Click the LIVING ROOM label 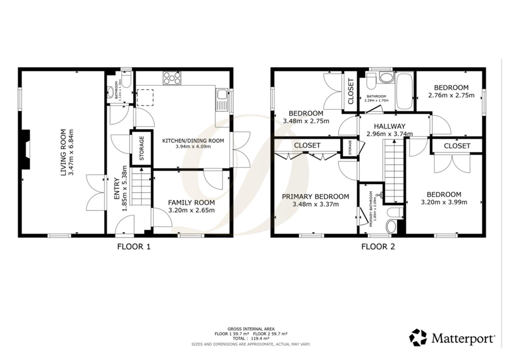(x=63, y=152)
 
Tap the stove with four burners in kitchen (x=172, y=78)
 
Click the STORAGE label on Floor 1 (x=142, y=148)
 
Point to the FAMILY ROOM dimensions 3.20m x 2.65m (x=191, y=210)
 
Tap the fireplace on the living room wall (x=26, y=150)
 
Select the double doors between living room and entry (x=96, y=192)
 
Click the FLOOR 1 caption (x=134, y=247)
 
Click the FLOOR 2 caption (x=378, y=247)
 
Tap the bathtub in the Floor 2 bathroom (x=404, y=91)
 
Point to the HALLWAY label (x=389, y=126)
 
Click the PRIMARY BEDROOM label (x=315, y=197)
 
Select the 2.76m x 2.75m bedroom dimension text (x=451, y=95)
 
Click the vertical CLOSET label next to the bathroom (x=350, y=91)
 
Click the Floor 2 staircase (x=394, y=171)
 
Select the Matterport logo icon (x=418, y=337)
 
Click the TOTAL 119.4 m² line (x=251, y=338)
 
